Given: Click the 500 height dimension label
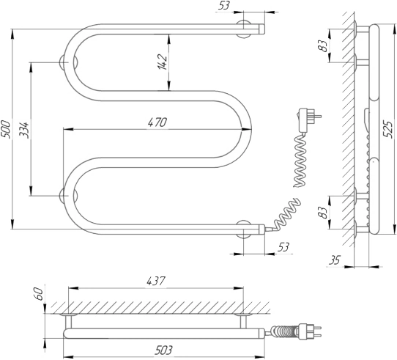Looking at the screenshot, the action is (6, 130).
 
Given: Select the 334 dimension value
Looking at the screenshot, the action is (24, 130).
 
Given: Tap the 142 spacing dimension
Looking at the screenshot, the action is (163, 62).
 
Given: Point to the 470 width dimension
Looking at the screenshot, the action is (157, 122).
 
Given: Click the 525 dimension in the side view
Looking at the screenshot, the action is (387, 129).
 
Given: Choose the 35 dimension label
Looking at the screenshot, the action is (335, 260).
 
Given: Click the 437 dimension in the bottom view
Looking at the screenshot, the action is (156, 281).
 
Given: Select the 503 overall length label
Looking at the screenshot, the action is (163, 350).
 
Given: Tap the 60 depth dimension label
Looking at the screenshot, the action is (39, 294).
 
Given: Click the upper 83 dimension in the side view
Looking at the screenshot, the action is (323, 46).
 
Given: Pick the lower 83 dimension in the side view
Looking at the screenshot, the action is (323, 213).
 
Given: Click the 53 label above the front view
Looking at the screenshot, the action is (224, 5).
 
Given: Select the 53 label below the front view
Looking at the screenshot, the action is (283, 246).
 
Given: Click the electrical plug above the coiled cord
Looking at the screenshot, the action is (309, 120).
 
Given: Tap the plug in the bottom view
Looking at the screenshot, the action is (310, 331).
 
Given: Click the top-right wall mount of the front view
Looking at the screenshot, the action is (244, 29).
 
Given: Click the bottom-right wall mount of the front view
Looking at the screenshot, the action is (244, 229).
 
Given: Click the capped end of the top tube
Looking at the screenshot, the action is (261, 29).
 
